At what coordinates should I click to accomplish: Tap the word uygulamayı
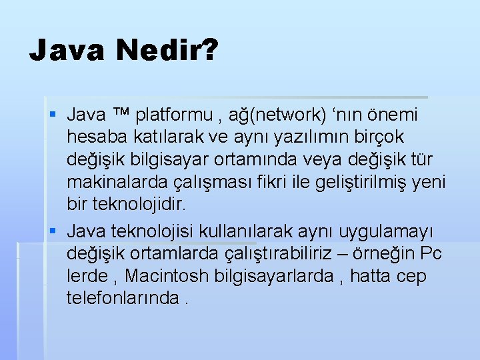(386, 231)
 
